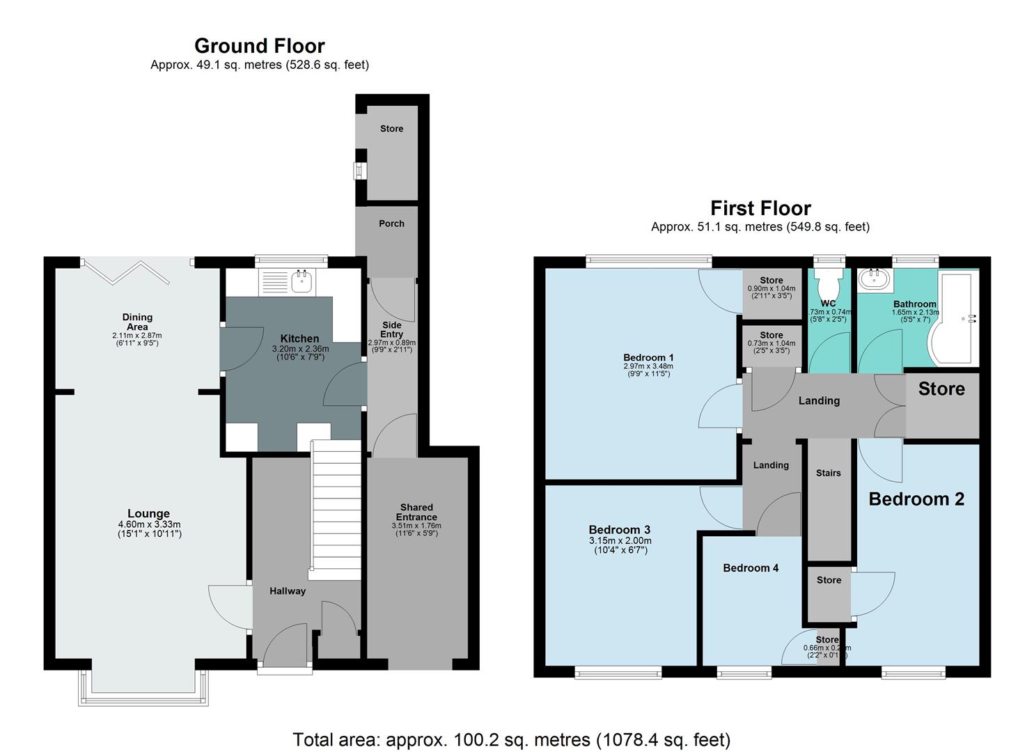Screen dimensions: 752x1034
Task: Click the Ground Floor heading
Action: click(259, 46)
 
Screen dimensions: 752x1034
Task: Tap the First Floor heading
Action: click(760, 208)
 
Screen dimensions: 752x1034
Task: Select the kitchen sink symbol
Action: click(301, 281)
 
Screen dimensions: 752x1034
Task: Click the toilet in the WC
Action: click(829, 283)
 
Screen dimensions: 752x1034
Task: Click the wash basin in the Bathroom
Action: click(871, 280)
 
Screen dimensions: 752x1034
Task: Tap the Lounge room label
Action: click(149, 514)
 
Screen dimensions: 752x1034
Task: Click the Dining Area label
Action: click(137, 322)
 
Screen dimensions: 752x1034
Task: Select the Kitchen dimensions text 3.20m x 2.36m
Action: click(299, 349)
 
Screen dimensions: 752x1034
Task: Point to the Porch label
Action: click(391, 224)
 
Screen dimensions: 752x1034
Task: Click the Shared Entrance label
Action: click(416, 512)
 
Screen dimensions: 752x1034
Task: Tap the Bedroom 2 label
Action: click(916, 499)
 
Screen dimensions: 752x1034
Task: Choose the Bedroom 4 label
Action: click(751, 568)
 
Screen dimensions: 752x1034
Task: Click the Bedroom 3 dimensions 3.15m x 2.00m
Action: click(620, 540)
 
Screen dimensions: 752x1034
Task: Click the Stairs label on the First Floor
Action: click(828, 473)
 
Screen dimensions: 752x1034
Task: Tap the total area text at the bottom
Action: click(511, 739)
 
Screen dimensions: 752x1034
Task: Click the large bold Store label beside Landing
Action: click(941, 389)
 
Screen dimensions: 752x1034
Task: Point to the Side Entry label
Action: click(391, 329)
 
